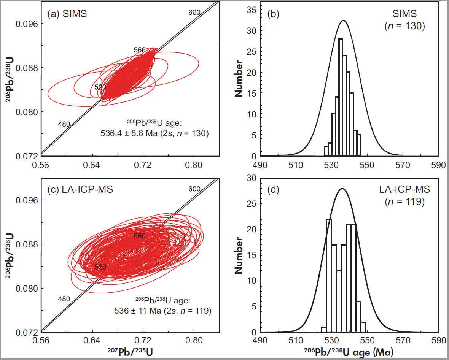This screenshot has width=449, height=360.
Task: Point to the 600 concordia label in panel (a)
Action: click(x=194, y=13)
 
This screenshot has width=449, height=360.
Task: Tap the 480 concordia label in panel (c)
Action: click(x=64, y=299)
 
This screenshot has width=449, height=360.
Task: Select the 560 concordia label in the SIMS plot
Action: click(x=140, y=50)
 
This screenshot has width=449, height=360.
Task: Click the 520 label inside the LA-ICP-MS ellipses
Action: click(x=100, y=267)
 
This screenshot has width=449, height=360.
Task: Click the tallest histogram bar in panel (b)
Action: click(x=341, y=97)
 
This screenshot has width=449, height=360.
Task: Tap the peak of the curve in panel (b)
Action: click(x=343, y=20)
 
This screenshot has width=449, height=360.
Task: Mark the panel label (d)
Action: click(x=274, y=189)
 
